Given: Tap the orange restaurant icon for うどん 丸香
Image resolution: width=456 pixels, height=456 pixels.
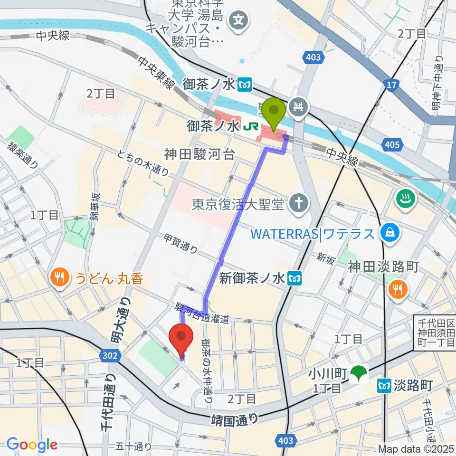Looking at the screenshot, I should (59, 277).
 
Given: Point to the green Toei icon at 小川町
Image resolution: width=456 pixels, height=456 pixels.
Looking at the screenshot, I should (358, 373).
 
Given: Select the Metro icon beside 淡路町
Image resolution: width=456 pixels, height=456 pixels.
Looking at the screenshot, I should (382, 386).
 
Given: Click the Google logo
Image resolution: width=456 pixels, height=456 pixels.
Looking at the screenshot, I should (32, 445).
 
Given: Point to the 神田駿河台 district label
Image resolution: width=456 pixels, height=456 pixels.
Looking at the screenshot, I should (199, 154).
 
